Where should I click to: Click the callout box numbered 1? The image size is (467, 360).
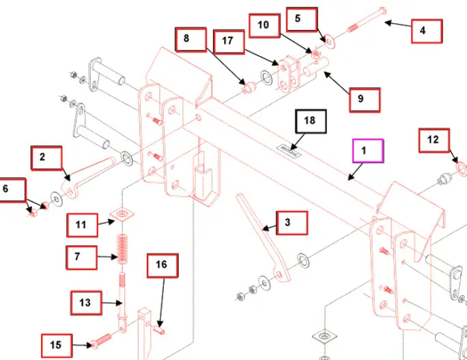coord(368,150)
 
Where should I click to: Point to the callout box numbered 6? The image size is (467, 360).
coord(12,191)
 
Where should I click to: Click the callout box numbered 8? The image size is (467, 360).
coord(190,39)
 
